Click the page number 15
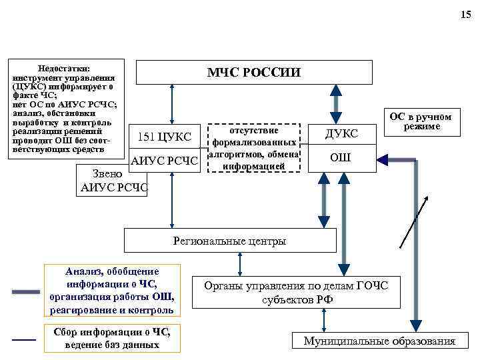tap(465, 15)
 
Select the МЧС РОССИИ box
tap(254, 72)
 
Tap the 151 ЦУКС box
tap(164, 137)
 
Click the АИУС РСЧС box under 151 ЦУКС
tap(165, 161)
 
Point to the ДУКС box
tap(341, 133)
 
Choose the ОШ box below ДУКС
tap(341, 158)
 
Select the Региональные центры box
tap(229, 241)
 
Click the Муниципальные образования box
tap(379, 341)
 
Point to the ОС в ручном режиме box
tap(420, 122)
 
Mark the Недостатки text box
tap(65, 109)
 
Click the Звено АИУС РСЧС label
tap(114, 181)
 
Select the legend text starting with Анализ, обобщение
tap(112, 291)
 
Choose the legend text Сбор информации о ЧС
tap(112, 339)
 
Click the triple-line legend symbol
tap(25, 291)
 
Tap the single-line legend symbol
tap(24, 340)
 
